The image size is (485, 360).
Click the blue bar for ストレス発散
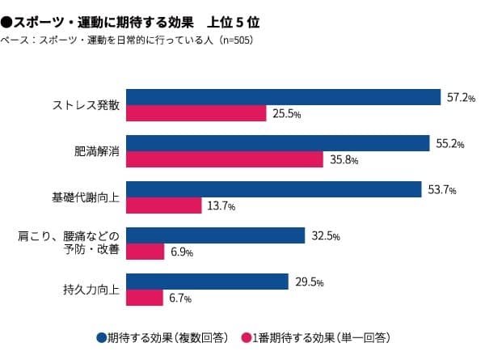283,97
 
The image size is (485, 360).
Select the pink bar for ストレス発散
196,113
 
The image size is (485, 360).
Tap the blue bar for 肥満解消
277,143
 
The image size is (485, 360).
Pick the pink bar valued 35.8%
225,159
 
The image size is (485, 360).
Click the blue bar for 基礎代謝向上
274,189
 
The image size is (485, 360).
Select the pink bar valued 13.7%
164,205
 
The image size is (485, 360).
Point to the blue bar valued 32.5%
216,235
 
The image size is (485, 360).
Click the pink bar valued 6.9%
145,252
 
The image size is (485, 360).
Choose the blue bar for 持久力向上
208,282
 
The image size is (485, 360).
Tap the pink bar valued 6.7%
145,298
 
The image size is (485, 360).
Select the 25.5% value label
287,114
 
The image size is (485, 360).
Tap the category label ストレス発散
86,105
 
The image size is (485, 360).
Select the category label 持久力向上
92,290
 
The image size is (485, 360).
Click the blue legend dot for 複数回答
101,337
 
